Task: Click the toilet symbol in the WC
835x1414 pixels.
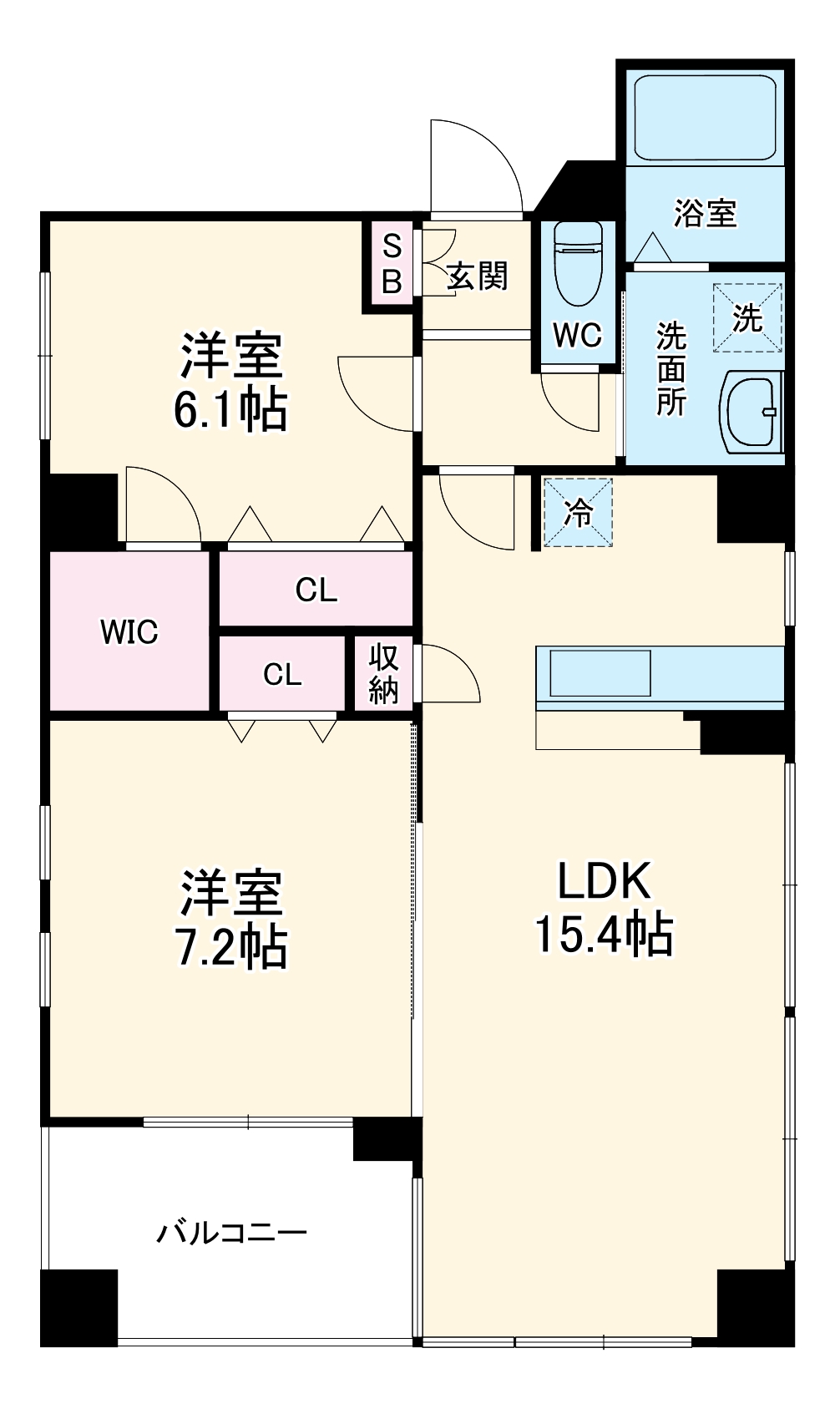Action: [578, 264]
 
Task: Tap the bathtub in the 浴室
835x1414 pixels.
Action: [706, 117]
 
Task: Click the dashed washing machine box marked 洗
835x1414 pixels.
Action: [747, 318]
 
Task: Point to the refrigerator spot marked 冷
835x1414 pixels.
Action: [578, 513]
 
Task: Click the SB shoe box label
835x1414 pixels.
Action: [392, 265]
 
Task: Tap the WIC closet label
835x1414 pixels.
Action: [129, 632]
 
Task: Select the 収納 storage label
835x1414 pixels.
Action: [384, 674]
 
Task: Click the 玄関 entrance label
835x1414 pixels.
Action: [477, 276]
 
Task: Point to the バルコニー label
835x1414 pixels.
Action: [232, 1233]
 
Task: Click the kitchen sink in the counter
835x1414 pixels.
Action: [600, 673]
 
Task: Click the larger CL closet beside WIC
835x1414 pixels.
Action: [316, 590]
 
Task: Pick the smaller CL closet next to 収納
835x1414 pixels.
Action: [282, 674]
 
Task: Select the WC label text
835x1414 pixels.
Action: [577, 336]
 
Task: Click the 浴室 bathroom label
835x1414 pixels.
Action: [706, 214]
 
